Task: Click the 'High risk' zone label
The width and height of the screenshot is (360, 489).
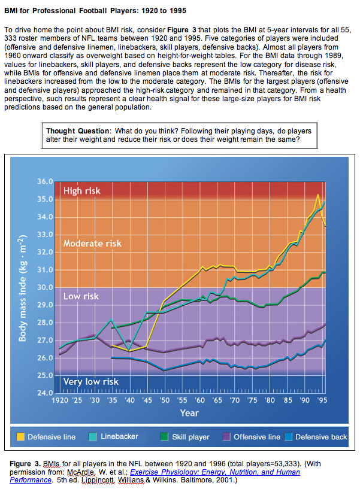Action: tap(82, 191)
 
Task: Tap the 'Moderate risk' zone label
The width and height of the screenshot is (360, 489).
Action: tap(92, 244)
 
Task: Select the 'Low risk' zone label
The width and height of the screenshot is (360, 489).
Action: tap(81, 296)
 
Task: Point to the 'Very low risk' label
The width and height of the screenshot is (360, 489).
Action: tap(91, 382)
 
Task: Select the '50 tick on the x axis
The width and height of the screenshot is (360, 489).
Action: tap(164, 399)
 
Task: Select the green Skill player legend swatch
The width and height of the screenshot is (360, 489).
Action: tap(165, 436)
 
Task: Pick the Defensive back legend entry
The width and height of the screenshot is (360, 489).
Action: tap(320, 436)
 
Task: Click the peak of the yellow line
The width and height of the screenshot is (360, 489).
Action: tap(317, 195)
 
